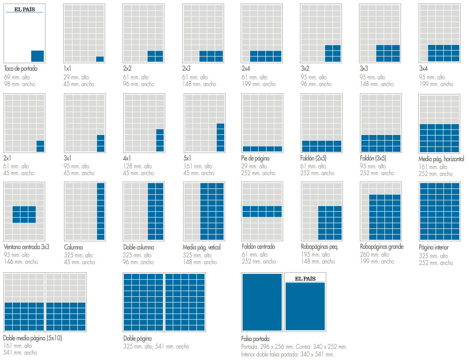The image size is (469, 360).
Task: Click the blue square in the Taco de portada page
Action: tap(37, 56)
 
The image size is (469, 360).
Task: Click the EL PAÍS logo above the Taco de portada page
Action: tap(24, 9)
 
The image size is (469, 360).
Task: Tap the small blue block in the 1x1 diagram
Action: tap(100, 59)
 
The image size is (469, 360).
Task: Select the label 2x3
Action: tap(186, 68)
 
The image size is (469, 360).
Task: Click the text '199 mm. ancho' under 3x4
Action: tap(436, 84)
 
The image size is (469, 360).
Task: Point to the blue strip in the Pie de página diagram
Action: tap(262, 149)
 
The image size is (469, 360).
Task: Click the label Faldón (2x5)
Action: tap(313, 158)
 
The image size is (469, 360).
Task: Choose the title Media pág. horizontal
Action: tap(441, 159)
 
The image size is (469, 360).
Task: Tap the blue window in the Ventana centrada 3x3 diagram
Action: tap(24, 214)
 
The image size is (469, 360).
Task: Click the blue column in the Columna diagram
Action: tap(101, 211)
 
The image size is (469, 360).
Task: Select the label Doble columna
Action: tap(139, 247)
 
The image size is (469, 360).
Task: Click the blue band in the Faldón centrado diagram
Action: tap(262, 211)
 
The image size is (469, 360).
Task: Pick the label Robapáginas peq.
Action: tap(319, 247)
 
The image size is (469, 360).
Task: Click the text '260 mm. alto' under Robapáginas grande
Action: tap(374, 254)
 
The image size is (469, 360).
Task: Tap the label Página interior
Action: tap(433, 247)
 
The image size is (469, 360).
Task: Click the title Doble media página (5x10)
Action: tap(32, 338)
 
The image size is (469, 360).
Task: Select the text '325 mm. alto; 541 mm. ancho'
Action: tap(156, 346)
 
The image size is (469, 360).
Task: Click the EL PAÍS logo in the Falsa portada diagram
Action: tap(305, 279)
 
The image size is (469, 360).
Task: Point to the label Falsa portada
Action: tap(255, 338)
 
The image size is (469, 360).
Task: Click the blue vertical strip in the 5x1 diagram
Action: tap(220, 137)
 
